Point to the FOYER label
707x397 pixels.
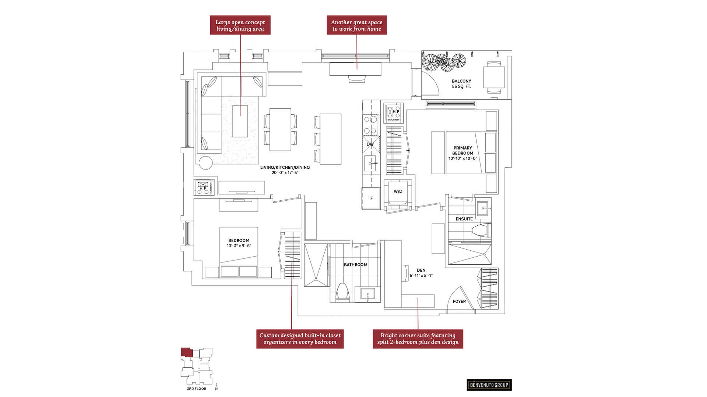[x=459, y=301]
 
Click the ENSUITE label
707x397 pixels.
[x=464, y=219]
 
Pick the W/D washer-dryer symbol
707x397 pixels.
[x=398, y=192]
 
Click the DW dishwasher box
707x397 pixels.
[x=370, y=144]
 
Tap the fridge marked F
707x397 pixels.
[x=371, y=198]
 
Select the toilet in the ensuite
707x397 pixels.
[x=480, y=231]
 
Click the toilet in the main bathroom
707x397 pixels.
[x=342, y=292]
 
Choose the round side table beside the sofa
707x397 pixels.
[x=205, y=163]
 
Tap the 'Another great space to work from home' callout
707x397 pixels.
[x=356, y=25]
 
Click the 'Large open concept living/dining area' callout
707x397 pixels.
[x=240, y=25]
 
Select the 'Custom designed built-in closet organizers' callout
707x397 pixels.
[x=300, y=339]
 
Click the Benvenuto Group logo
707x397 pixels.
[x=489, y=385]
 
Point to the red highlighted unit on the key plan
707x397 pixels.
[x=186, y=352]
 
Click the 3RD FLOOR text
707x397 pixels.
[x=196, y=389]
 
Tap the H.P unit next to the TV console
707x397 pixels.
[x=204, y=187]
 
